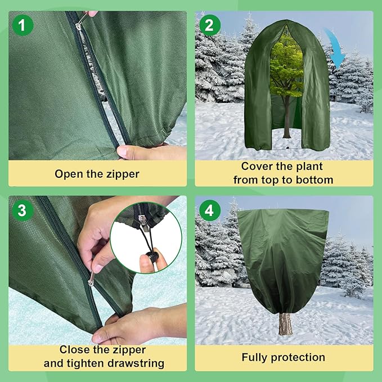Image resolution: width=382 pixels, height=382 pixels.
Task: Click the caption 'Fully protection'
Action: [283, 357]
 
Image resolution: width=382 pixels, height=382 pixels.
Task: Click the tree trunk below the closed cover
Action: [285, 324]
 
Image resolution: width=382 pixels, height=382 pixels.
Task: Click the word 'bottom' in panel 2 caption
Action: [313, 180]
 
